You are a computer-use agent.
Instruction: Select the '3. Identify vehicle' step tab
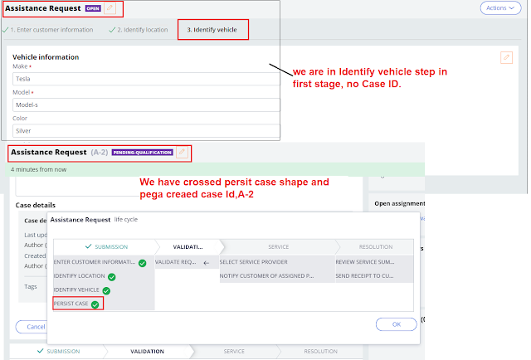coord(212,30)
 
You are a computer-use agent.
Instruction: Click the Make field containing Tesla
coord(145,79)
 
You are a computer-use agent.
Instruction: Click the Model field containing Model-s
coord(145,106)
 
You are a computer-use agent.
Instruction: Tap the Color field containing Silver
coord(145,131)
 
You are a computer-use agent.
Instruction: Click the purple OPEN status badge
coord(93,9)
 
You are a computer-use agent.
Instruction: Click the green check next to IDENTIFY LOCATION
coord(111,276)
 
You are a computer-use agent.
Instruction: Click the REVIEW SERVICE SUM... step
coord(375,262)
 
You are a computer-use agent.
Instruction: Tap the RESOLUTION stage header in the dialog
coord(375,246)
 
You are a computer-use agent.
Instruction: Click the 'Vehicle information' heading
coord(46,57)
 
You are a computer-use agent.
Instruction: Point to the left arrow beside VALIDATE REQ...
coord(206,262)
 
